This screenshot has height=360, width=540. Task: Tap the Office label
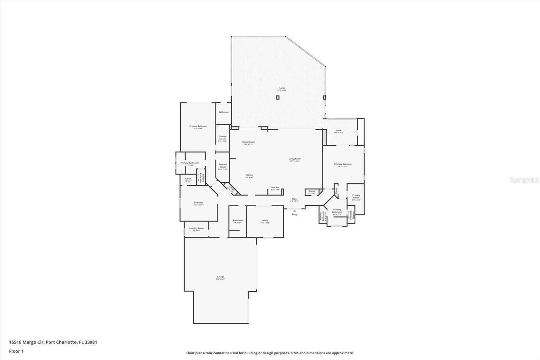click(x=265, y=221)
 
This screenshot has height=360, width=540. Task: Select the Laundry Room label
click(x=196, y=228)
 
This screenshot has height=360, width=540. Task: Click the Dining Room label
click(x=248, y=142)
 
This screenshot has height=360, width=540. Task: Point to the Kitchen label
click(x=249, y=175)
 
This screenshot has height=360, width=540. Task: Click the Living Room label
click(x=294, y=159)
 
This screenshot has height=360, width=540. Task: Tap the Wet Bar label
click(x=275, y=187)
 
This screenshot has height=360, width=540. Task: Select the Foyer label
click(x=294, y=199)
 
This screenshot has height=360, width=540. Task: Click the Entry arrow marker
click(x=294, y=211)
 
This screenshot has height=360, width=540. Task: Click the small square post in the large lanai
click(x=277, y=98)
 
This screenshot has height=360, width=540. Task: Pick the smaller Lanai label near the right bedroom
click(x=339, y=131)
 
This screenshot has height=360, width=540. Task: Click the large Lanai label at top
click(x=282, y=88)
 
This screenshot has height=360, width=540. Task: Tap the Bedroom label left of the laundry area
click(x=198, y=203)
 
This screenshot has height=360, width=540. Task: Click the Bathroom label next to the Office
click(x=238, y=221)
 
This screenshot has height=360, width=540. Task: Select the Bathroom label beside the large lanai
click(x=223, y=112)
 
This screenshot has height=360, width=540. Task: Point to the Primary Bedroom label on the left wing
click(x=198, y=126)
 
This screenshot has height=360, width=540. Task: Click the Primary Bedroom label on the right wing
click(x=343, y=164)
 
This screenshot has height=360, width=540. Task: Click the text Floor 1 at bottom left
click(x=16, y=351)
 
